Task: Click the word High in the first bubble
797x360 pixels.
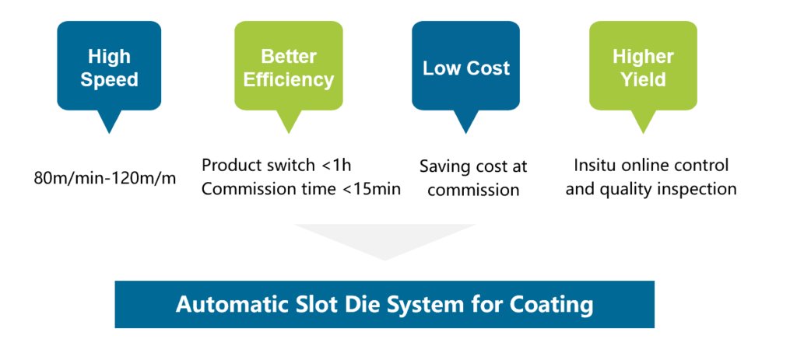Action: point(109,57)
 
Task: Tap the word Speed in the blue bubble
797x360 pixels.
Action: point(109,80)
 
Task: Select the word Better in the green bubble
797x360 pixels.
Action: point(288,56)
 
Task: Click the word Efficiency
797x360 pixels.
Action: point(288,80)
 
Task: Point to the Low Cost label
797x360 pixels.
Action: point(466,68)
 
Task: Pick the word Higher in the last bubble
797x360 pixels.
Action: point(643,56)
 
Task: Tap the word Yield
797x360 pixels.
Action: point(643,80)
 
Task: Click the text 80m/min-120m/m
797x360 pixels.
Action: point(105,179)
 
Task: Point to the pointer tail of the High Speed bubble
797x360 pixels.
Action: point(109,122)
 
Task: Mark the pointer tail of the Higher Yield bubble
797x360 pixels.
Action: point(643,122)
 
